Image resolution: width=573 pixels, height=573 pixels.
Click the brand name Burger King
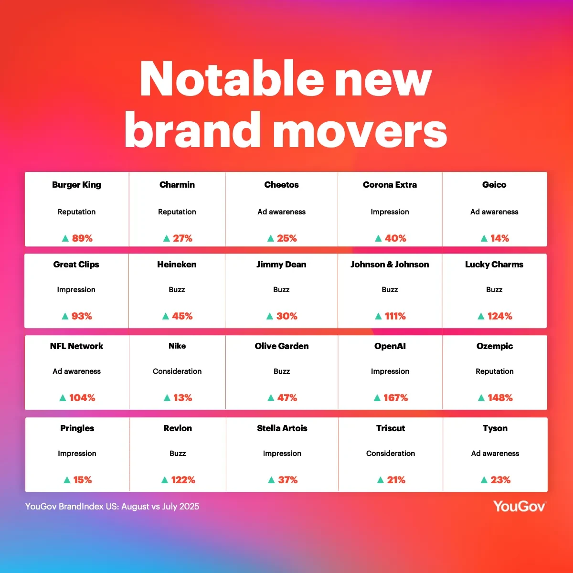point(76,185)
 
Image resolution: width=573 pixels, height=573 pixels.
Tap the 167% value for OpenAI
point(395,398)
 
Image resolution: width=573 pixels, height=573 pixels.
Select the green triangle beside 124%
point(481,316)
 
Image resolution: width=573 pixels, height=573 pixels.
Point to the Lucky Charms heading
point(494,265)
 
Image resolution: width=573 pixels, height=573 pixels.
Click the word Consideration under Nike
point(177,371)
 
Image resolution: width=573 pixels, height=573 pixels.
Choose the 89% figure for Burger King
point(82,238)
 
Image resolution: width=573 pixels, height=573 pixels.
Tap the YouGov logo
point(520,507)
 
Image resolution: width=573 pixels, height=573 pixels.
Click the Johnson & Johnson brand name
point(390,265)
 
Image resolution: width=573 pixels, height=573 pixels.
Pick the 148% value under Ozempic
point(500,398)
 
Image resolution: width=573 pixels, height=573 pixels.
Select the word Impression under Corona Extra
point(390,212)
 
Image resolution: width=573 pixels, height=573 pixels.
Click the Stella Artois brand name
point(282,428)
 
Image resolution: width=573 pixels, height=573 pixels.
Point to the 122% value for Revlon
point(183,480)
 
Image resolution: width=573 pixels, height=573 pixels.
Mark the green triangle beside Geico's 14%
point(484,238)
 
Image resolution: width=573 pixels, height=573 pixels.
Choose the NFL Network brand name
point(76,346)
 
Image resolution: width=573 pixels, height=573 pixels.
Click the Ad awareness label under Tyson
point(495,453)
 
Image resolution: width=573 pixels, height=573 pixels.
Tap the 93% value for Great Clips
point(82,316)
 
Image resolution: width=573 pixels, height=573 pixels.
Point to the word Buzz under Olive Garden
point(282,371)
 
